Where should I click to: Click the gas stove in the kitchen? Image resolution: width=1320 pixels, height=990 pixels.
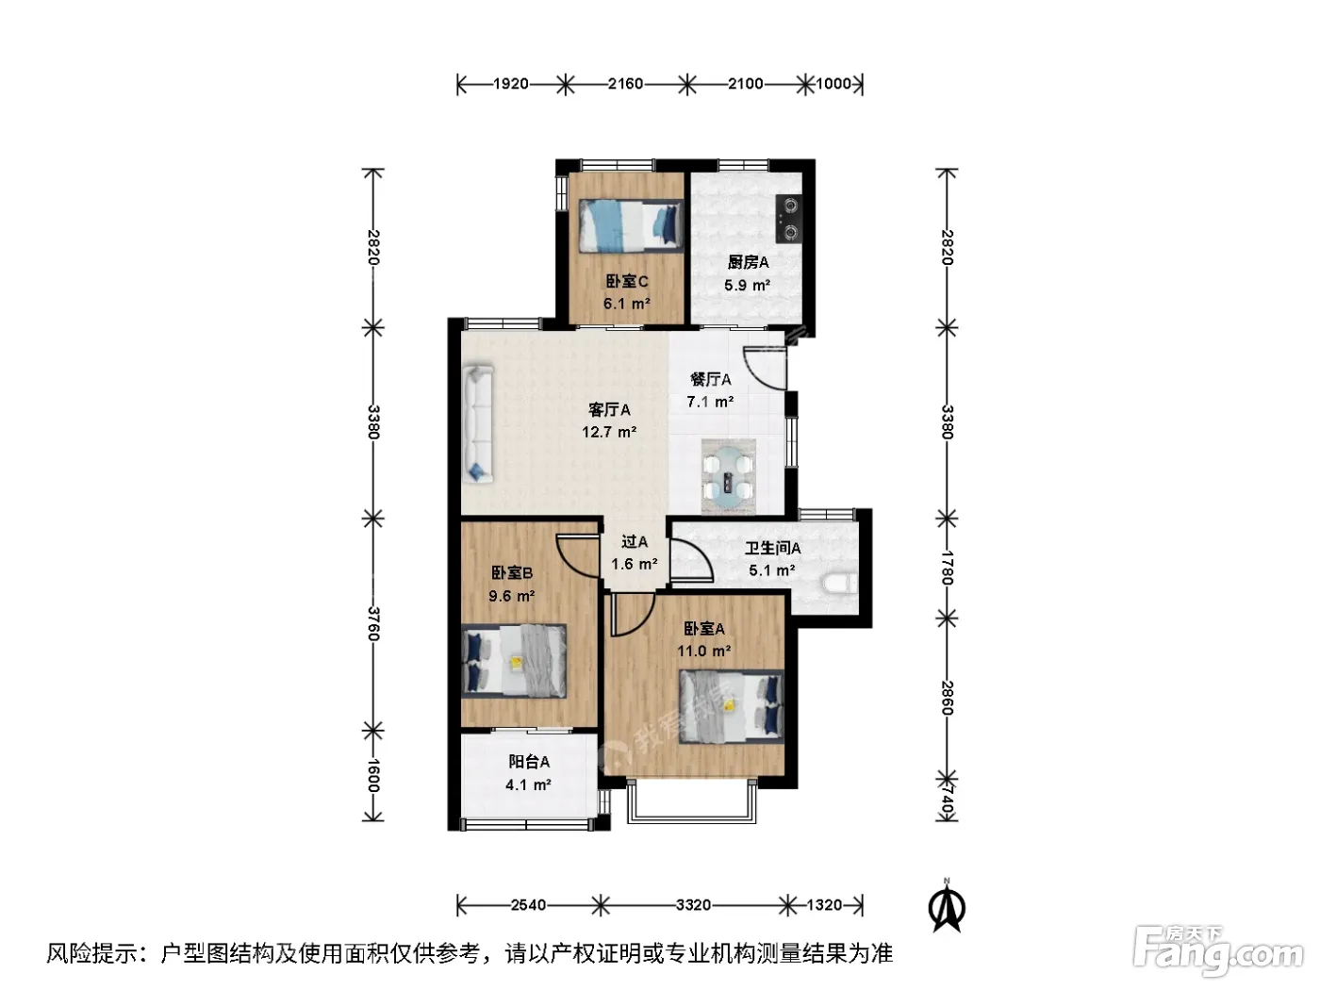point(788,218)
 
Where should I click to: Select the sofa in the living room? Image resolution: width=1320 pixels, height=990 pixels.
point(478,423)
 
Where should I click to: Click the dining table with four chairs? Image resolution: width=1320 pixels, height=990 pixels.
point(728,477)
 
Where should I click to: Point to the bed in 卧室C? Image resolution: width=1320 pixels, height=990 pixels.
point(631,226)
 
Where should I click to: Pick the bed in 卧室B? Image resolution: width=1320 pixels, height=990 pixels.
point(514,661)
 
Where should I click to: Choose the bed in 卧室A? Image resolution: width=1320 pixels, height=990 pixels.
point(732,707)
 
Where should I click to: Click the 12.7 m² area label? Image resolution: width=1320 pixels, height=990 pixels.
point(608,432)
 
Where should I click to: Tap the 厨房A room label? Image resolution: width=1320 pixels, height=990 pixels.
point(748,262)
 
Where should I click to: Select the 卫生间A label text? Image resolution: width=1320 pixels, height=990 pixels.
point(772,548)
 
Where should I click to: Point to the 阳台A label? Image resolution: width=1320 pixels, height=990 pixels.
point(529,762)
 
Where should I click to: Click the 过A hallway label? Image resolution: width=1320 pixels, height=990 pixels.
point(634,541)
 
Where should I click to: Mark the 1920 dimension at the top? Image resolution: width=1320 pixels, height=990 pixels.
point(511,84)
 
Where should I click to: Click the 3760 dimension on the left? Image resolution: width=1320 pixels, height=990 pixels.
point(373,624)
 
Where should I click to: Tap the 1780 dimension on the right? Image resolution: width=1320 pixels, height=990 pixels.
point(948,568)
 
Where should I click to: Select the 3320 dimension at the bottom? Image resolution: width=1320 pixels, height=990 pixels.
point(693,904)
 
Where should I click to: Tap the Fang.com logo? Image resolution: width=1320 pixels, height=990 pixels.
point(1218,951)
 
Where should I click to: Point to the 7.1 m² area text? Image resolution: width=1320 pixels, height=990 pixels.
point(710,401)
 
